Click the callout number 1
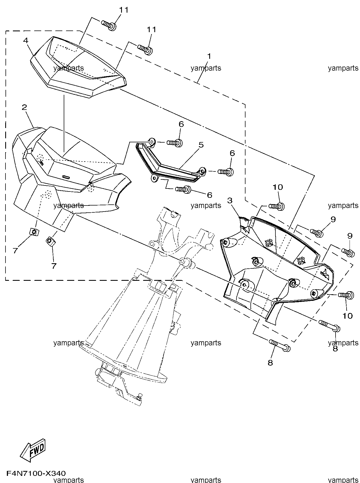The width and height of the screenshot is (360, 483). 209,56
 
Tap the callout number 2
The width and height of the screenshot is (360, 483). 24,107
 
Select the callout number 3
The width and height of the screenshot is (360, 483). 230,201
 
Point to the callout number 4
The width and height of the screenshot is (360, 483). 26,41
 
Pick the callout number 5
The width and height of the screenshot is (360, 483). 201,145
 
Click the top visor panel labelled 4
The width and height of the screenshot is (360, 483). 78,67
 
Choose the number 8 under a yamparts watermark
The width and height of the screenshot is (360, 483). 335,349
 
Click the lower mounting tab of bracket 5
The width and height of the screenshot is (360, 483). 155,178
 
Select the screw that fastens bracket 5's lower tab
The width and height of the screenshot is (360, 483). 184,189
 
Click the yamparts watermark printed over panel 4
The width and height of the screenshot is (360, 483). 69,68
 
